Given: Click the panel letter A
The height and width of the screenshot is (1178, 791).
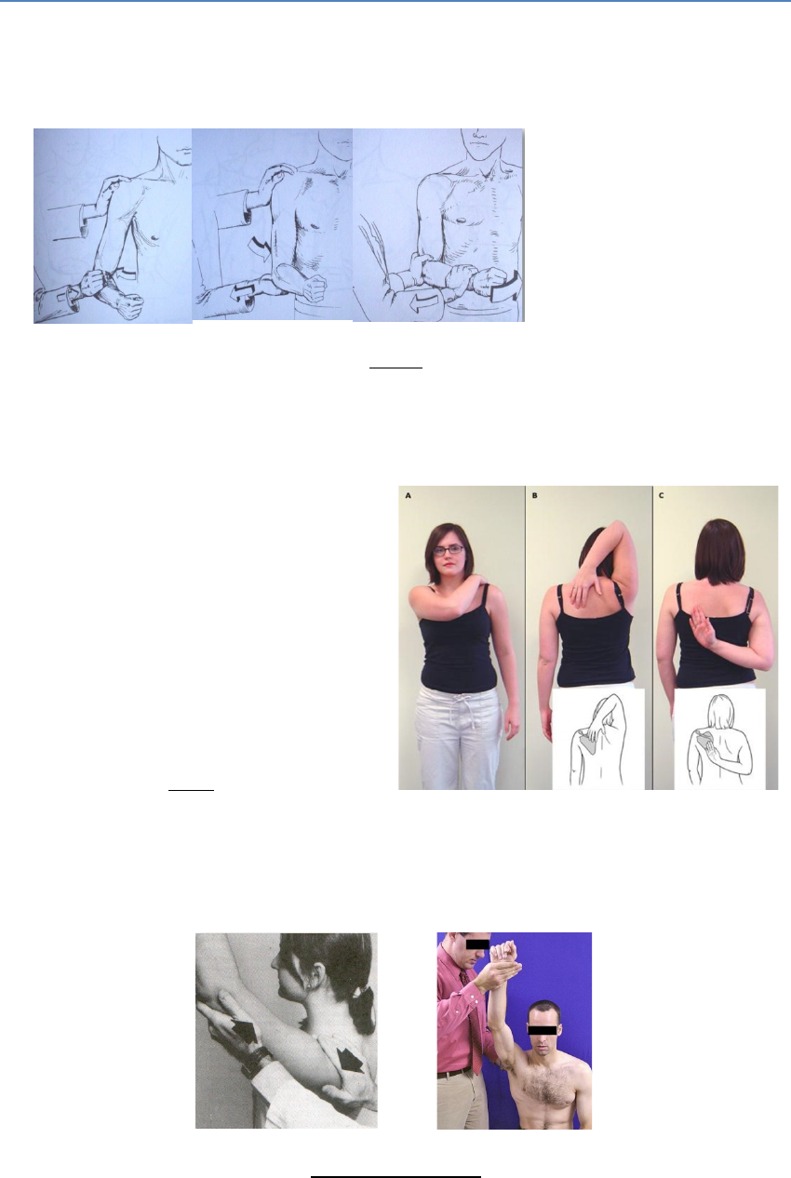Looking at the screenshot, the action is click(409, 495).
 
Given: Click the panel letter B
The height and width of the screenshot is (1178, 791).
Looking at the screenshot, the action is click(535, 495).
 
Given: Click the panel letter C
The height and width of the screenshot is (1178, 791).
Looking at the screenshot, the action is click(661, 495).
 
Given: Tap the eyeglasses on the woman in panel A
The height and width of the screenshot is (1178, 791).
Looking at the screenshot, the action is click(449, 550).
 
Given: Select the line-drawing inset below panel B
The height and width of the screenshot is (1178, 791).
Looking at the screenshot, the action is click(598, 739).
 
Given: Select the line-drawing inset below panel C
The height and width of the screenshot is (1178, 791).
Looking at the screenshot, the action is click(719, 739).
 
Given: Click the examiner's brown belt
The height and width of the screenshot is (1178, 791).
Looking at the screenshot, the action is click(455, 1071).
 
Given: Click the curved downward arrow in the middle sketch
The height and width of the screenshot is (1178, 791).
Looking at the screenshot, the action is click(261, 248).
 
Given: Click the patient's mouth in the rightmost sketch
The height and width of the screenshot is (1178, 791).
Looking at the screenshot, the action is click(479, 141).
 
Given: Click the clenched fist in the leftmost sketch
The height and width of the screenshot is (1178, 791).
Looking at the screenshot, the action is click(128, 306).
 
